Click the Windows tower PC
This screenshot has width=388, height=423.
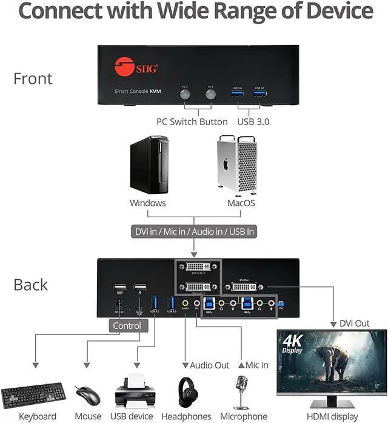[x=147, y=165]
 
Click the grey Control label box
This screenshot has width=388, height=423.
[x=127, y=326]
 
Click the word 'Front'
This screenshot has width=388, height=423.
[x=33, y=78]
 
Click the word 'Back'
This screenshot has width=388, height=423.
[x=31, y=285]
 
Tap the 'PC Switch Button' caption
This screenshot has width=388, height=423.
[x=192, y=121]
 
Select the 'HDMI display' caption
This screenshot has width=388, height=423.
[x=332, y=416]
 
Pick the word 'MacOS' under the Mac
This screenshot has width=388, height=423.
[x=241, y=203]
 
